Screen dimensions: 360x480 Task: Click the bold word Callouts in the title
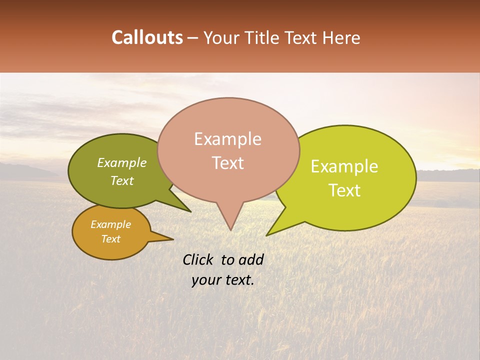coord(147,37)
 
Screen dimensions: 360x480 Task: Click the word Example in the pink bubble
coord(227,139)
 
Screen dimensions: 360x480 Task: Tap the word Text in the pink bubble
coord(228,163)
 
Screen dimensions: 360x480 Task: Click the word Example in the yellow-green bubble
coord(344,166)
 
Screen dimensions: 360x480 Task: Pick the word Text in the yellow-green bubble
coord(345,190)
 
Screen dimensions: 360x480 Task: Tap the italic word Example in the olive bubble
coord(121,163)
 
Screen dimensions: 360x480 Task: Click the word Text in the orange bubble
coord(111,239)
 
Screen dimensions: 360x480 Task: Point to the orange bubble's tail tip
coord(172,239)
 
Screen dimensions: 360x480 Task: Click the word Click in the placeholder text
coord(198,259)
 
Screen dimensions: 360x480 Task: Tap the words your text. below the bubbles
coord(223,280)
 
